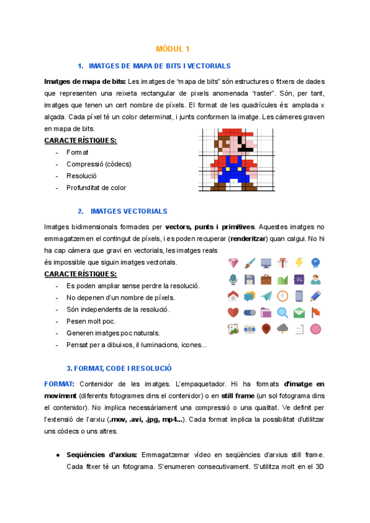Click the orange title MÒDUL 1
pos(173,48)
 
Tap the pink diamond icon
pos(233,263)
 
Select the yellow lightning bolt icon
pos(299,263)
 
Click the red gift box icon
pos(282,263)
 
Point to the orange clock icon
pos(282,296)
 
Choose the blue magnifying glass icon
pos(282,313)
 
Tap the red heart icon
pos(233,313)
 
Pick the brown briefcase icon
pos(266,279)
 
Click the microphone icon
pos(233,279)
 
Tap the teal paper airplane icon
pos(266,296)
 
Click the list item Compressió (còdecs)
pos(99,164)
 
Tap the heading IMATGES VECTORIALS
pos(128,211)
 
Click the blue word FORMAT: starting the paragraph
pos(59,384)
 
